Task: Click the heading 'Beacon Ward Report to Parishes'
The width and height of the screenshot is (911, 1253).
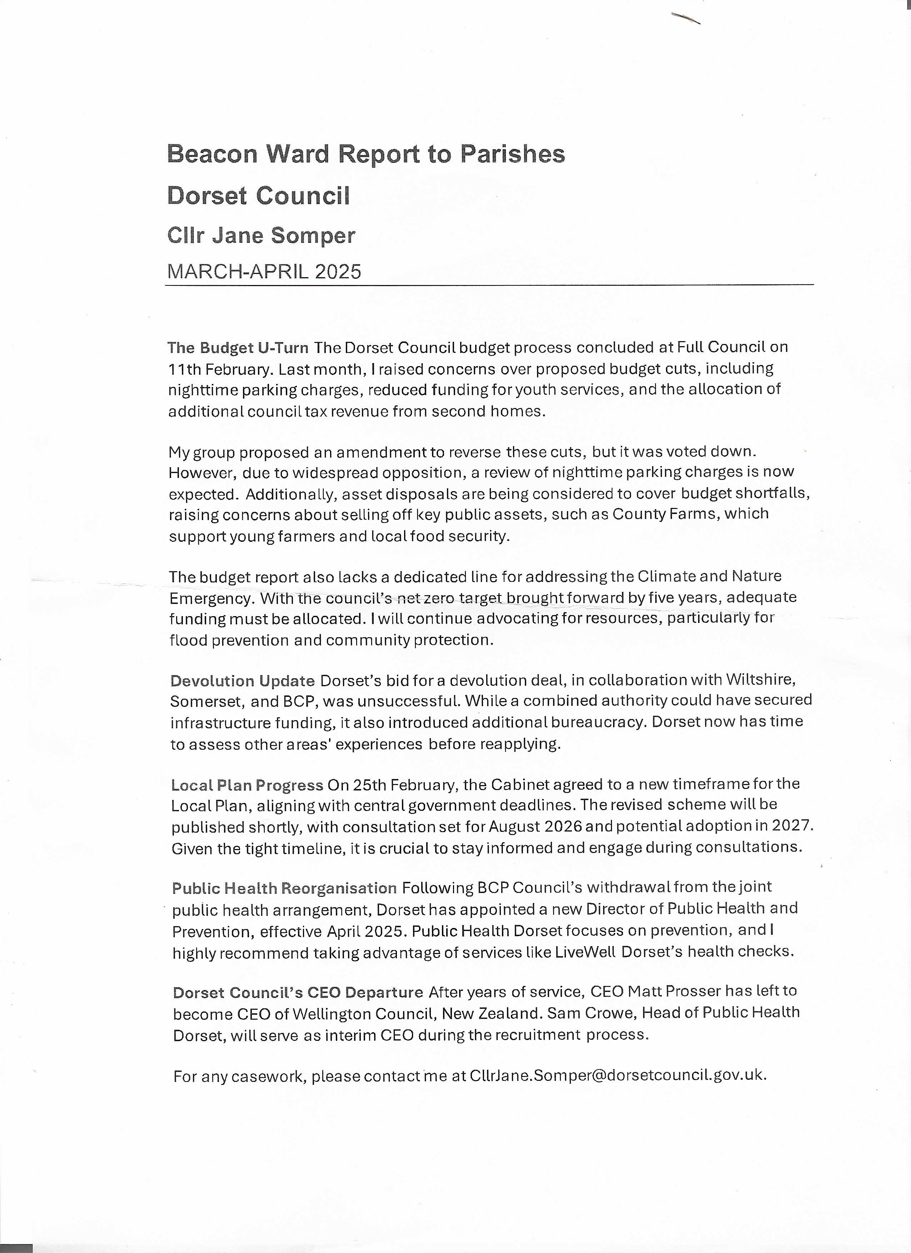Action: coord(366,154)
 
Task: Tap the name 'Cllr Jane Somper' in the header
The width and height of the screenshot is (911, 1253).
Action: coord(261,236)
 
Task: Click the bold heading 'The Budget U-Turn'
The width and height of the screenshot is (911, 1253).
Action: coord(238,348)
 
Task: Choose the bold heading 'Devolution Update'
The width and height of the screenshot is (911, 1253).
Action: coord(243,681)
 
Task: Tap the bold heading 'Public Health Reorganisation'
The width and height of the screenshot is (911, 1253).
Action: coord(284,888)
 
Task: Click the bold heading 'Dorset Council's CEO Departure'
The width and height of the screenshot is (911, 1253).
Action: coord(298,993)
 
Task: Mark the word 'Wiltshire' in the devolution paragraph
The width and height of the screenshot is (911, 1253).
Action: coord(760,679)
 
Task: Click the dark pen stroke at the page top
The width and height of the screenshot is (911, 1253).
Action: coord(686,18)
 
